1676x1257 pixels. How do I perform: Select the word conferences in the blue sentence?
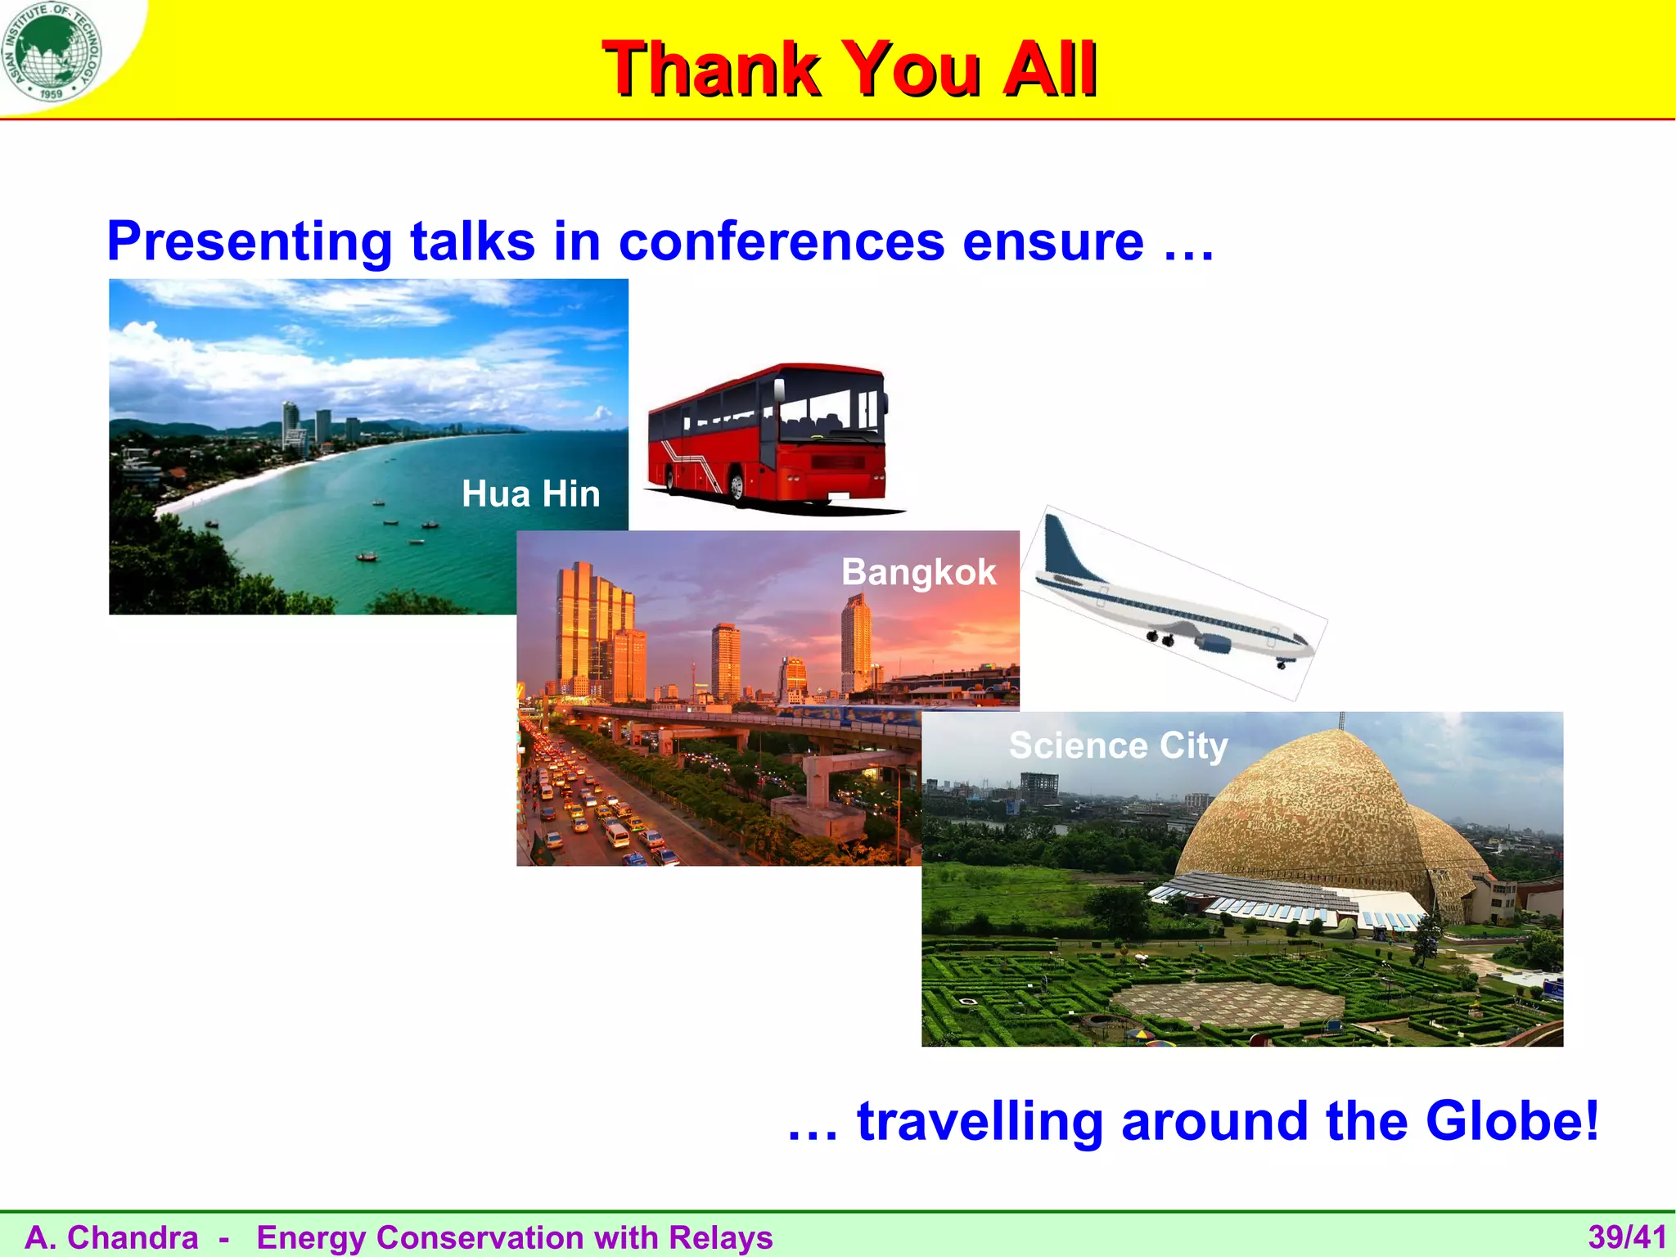782,241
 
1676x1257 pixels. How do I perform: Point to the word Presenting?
250,243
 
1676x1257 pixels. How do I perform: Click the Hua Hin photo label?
530,494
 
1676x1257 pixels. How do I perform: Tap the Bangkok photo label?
918,572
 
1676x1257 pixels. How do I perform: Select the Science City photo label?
1118,746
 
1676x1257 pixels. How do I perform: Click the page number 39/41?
1627,1237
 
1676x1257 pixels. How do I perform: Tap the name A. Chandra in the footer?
111,1237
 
